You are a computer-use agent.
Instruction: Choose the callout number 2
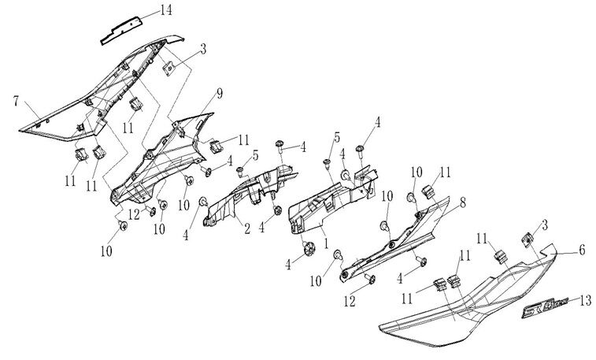point(246,228)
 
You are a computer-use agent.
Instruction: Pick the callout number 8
point(462,202)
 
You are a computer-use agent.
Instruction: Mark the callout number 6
point(582,250)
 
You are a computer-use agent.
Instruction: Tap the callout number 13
point(585,299)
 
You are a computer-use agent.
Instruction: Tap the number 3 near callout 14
point(203,50)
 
